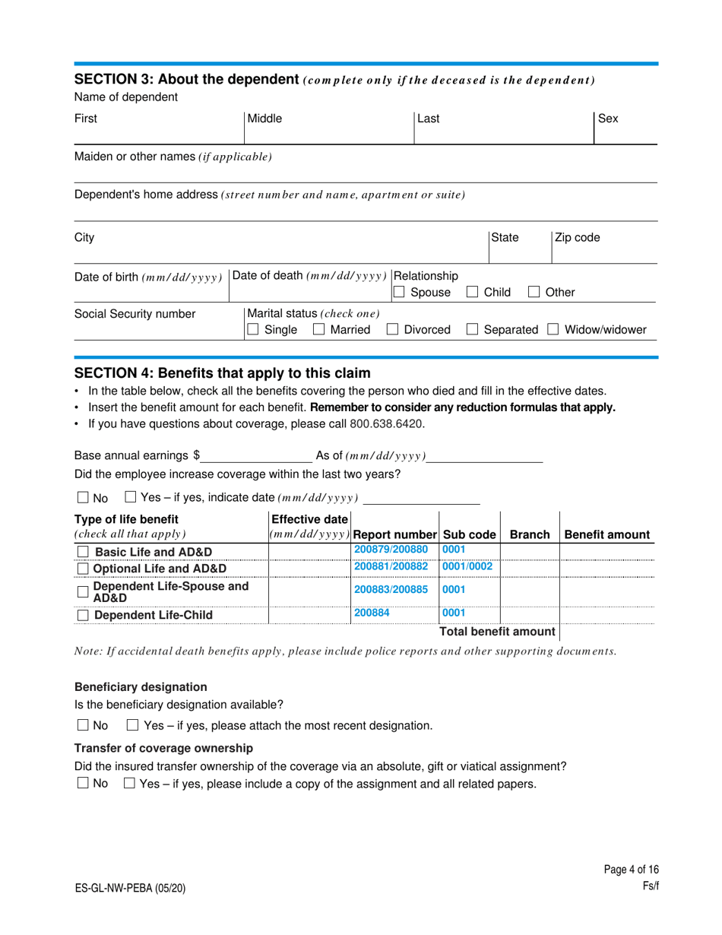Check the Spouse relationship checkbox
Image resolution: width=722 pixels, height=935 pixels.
398,292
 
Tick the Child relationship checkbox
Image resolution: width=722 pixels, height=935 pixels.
472,292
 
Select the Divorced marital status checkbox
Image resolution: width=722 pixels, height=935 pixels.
393,330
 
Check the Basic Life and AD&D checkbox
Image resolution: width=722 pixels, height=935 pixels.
84,552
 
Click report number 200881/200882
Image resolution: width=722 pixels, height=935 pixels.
391,566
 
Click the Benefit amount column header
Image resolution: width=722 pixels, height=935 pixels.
607,534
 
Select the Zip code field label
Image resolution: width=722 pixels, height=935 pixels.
577,238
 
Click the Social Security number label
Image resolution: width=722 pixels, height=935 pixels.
124,314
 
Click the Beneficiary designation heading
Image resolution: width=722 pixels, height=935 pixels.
141,686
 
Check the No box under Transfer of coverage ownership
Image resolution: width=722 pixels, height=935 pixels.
83,784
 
